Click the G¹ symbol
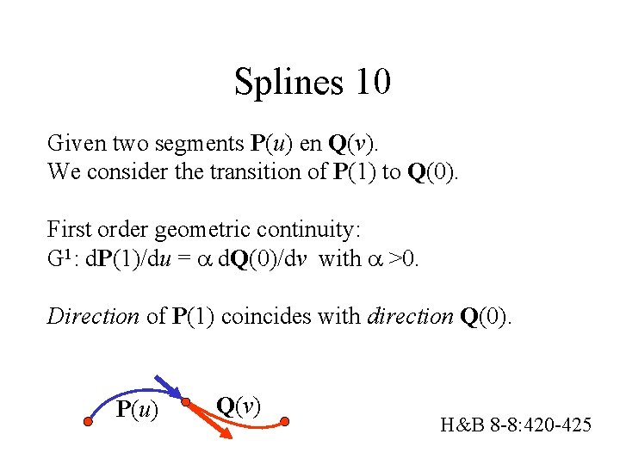tap(61, 259)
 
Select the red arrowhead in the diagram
tap(226, 436)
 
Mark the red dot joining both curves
tap(187, 402)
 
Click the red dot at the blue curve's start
tap(87, 422)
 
